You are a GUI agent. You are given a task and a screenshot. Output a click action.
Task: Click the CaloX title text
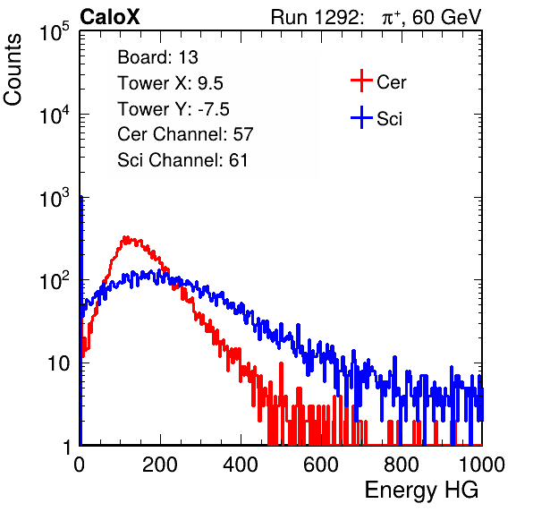(x=109, y=17)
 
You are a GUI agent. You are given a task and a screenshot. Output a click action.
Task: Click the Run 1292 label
(x=315, y=17)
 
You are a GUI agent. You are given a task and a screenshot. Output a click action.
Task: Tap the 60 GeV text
(x=447, y=17)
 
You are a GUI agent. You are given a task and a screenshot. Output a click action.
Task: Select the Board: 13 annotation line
(x=157, y=57)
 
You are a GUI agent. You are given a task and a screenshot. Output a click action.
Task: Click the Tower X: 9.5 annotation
(x=170, y=83)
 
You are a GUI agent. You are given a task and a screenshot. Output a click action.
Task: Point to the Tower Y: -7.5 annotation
(x=173, y=109)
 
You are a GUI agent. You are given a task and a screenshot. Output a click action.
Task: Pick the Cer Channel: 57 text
(x=185, y=134)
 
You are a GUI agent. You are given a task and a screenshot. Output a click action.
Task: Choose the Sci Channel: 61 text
(x=182, y=160)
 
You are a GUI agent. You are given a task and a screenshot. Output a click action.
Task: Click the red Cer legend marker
(x=361, y=81)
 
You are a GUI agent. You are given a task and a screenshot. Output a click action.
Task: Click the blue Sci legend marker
(x=361, y=117)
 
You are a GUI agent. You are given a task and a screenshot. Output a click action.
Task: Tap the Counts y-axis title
(x=13, y=70)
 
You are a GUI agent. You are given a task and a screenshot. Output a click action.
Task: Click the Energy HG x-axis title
(x=421, y=491)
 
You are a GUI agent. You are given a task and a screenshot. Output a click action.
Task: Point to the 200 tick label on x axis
(x=160, y=465)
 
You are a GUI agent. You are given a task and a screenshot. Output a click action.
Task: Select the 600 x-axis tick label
(x=321, y=465)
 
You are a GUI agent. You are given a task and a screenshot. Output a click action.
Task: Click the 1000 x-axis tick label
(x=482, y=465)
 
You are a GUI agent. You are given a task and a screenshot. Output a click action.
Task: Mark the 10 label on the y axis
(x=58, y=363)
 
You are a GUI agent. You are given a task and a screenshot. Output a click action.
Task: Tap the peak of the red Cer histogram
(x=126, y=237)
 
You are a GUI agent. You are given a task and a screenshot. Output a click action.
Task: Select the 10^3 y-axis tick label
(x=55, y=198)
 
